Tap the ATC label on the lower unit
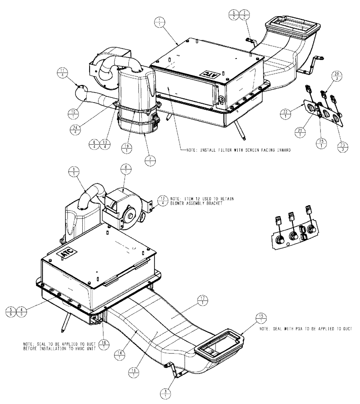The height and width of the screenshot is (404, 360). coord(67,254)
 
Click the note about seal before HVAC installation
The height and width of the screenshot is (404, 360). coord(55,347)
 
